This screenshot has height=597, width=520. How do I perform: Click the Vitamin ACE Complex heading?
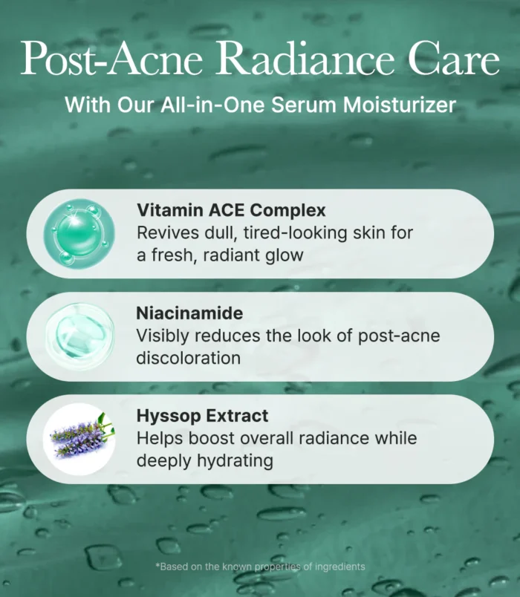[x=231, y=210]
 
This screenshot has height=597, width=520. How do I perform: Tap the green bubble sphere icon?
[x=79, y=233]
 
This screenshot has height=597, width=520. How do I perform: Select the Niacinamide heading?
[x=189, y=313]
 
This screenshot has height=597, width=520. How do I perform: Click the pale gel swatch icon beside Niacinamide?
[x=80, y=336]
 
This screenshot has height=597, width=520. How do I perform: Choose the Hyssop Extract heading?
[x=202, y=415]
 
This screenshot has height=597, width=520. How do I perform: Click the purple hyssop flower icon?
[x=79, y=439]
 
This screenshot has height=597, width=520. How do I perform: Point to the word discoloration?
[x=189, y=358]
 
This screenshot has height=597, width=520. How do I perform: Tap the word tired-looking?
[x=295, y=233]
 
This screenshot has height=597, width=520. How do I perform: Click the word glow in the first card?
[x=285, y=255]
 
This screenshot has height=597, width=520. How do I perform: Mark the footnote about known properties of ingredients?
[x=260, y=567]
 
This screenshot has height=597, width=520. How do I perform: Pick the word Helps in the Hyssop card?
[x=160, y=439]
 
